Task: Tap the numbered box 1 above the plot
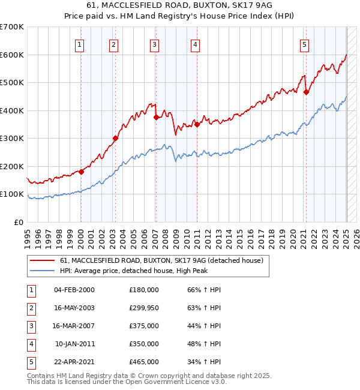click(x=80, y=44)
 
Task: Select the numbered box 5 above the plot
click(x=305, y=44)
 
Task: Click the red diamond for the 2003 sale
click(x=115, y=139)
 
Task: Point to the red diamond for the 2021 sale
click(x=306, y=92)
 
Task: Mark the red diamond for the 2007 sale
click(x=156, y=118)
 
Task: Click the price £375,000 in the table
click(x=144, y=326)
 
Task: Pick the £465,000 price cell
click(x=144, y=362)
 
